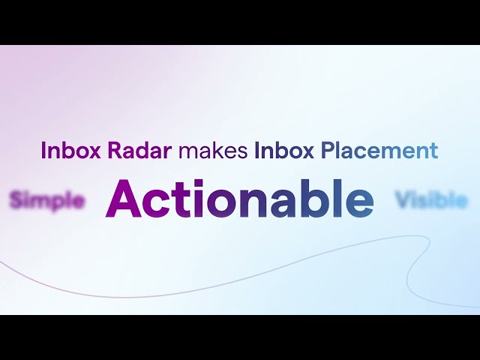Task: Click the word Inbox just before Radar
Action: pyautogui.click(x=62, y=151)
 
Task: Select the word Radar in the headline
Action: pyautogui.click(x=129, y=151)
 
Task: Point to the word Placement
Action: pyautogui.click(x=379, y=151)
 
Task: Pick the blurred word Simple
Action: pyautogui.click(x=46, y=200)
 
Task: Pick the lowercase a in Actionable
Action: pyautogui.click(x=286, y=203)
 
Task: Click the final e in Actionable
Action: pyautogui.click(x=359, y=203)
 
